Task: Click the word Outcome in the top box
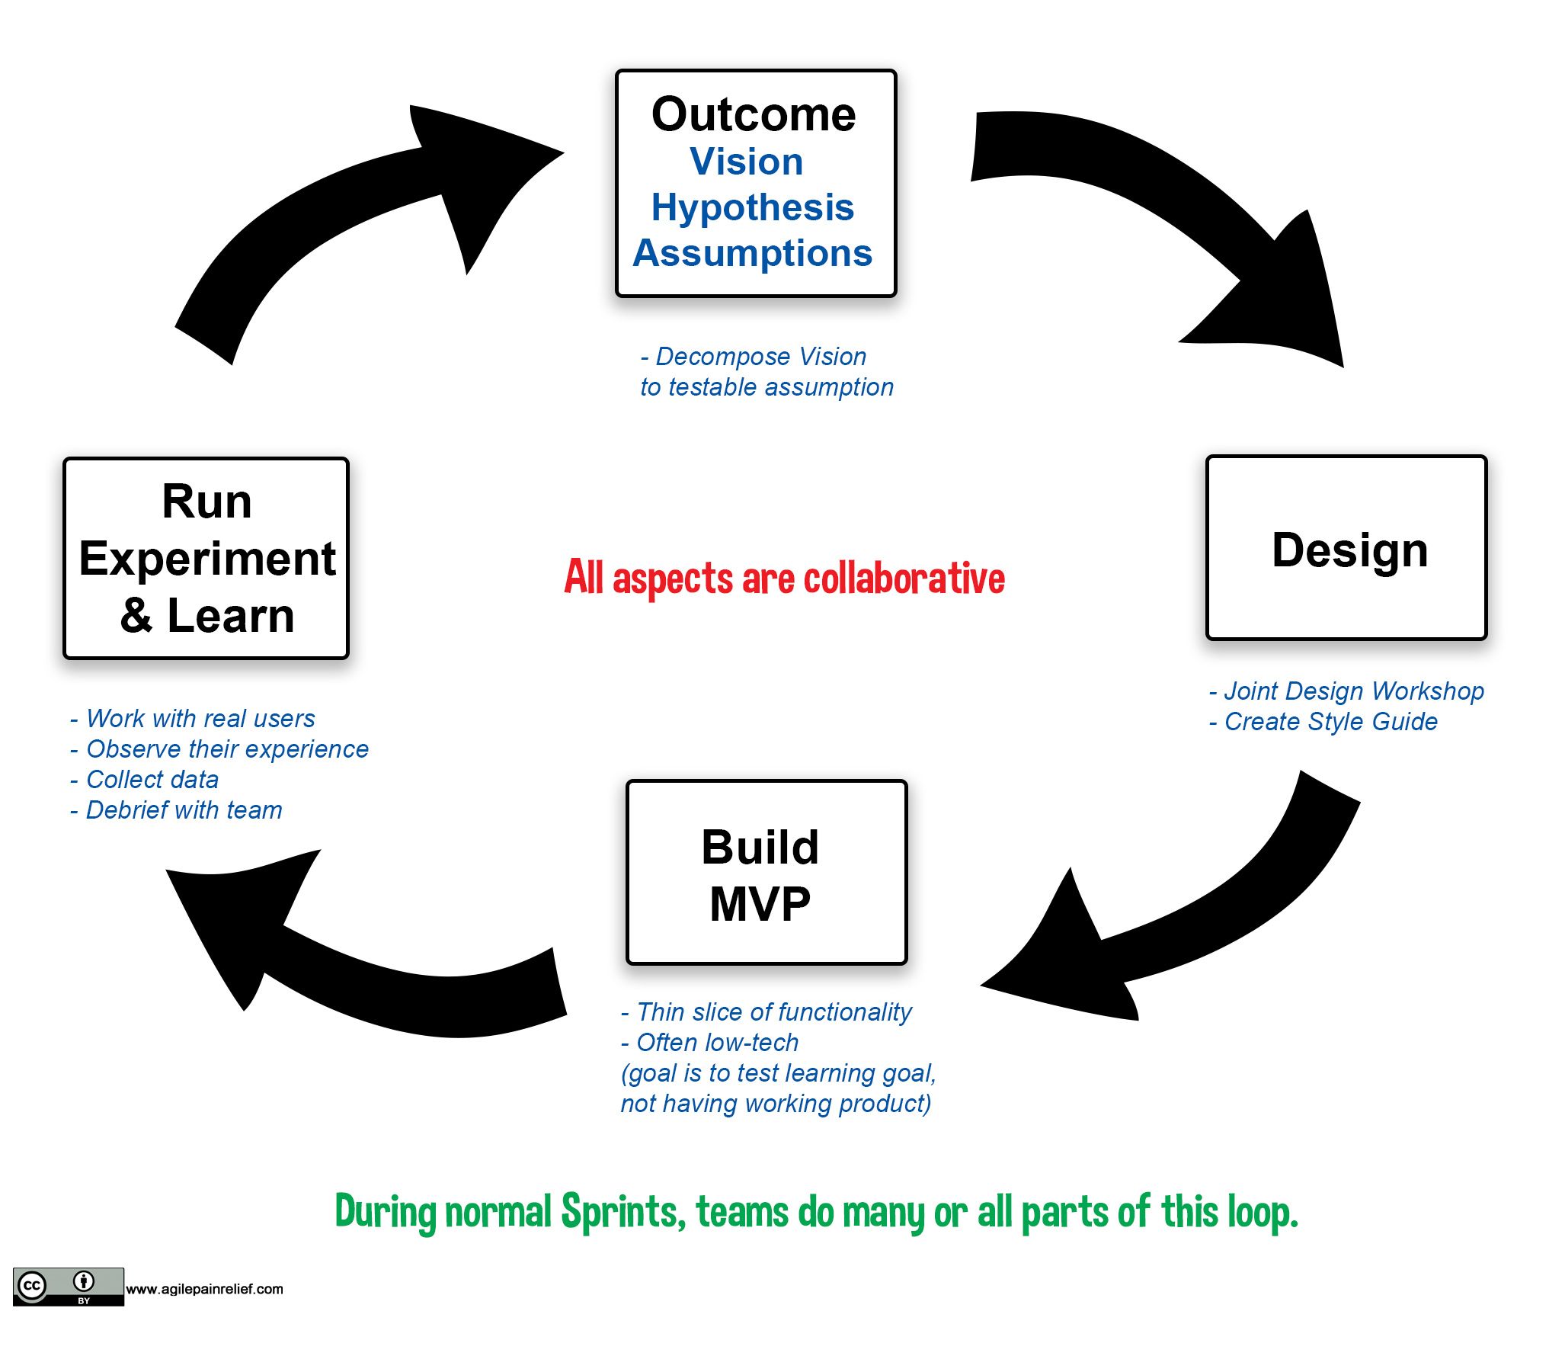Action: click(x=753, y=115)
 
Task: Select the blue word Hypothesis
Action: click(x=752, y=207)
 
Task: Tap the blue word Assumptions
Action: click(x=752, y=253)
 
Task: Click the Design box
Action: click(x=1346, y=548)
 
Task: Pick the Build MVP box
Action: click(x=765, y=872)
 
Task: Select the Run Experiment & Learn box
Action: click(x=206, y=558)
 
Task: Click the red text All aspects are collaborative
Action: click(x=784, y=578)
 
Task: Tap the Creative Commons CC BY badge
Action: click(x=68, y=1287)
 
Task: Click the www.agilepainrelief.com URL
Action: click(x=204, y=1290)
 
